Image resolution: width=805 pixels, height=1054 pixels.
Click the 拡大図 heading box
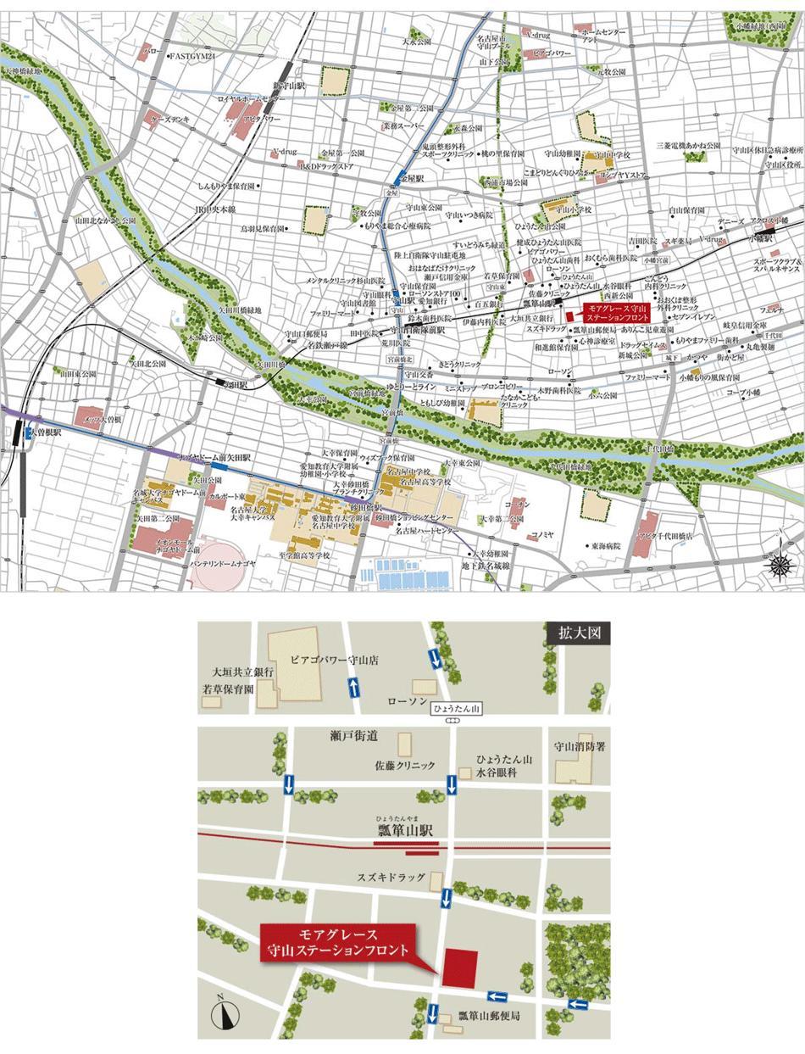point(579,633)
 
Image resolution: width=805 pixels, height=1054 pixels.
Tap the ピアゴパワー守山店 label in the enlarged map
point(333,658)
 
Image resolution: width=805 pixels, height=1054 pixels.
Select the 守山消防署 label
point(581,748)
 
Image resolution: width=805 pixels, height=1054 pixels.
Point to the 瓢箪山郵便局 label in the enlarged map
point(489,1015)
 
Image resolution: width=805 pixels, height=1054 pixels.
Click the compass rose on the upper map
point(778,563)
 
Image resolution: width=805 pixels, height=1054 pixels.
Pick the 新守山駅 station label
point(288,87)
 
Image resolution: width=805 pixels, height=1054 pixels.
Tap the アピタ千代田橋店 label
point(678,537)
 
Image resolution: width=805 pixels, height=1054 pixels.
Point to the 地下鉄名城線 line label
point(486,565)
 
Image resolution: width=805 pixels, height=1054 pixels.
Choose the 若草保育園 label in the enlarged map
point(228,689)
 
